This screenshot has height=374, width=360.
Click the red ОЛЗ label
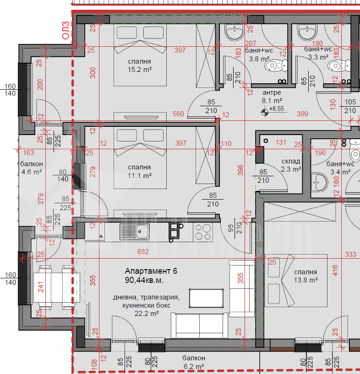(65, 30)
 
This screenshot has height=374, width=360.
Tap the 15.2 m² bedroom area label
(140, 70)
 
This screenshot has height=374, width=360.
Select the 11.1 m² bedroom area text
(140, 175)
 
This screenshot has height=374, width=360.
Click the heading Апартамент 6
(151, 271)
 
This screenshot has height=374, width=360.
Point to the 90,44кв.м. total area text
(144, 280)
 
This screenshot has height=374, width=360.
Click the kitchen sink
(135, 232)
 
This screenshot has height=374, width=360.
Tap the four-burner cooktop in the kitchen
(203, 232)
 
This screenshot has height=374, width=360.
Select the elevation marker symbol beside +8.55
(265, 112)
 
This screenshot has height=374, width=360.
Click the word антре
(272, 92)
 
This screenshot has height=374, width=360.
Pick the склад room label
(291, 162)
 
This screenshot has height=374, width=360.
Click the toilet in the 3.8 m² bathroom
(276, 65)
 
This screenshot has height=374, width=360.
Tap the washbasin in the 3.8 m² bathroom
(235, 32)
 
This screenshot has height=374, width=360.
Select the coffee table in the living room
(207, 298)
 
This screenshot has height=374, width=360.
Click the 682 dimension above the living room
(143, 252)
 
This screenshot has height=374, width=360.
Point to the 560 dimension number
(178, 114)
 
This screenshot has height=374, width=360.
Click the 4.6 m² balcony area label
(32, 172)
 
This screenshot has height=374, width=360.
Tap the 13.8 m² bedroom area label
(305, 280)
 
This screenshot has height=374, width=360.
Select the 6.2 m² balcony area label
(194, 366)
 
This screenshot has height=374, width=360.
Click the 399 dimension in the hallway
(302, 114)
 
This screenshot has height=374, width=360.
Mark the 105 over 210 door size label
(350, 106)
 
